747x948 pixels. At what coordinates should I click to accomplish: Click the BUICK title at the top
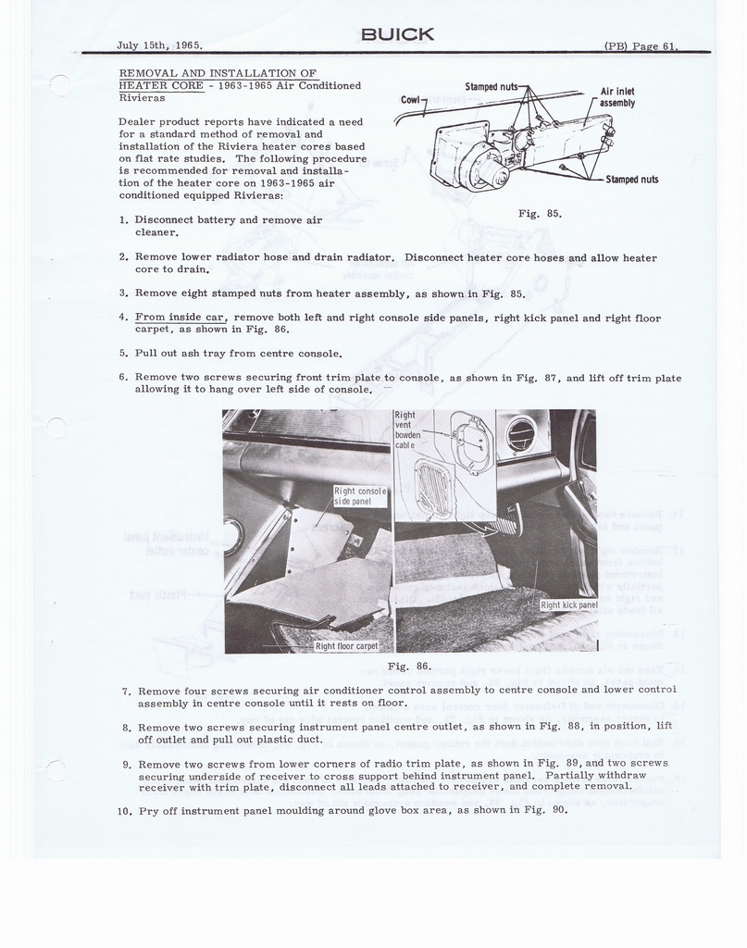tap(397, 34)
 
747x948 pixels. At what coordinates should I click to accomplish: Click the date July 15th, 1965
tap(160, 45)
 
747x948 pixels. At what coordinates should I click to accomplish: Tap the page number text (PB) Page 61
tap(641, 45)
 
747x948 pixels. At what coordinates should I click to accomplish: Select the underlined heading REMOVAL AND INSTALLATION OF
tap(218, 73)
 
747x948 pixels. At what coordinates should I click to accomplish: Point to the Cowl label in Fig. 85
tap(411, 99)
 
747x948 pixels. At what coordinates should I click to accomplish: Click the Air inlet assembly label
tap(617, 97)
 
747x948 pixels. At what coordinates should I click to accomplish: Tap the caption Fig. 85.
tap(541, 214)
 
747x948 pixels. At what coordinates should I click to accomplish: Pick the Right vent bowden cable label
tap(407, 430)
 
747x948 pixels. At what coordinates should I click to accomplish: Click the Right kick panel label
tap(568, 605)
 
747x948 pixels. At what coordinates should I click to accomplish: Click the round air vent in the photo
tap(520, 434)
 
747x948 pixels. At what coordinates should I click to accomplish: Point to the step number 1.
tap(123, 220)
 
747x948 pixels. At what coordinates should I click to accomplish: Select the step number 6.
tap(123, 378)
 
